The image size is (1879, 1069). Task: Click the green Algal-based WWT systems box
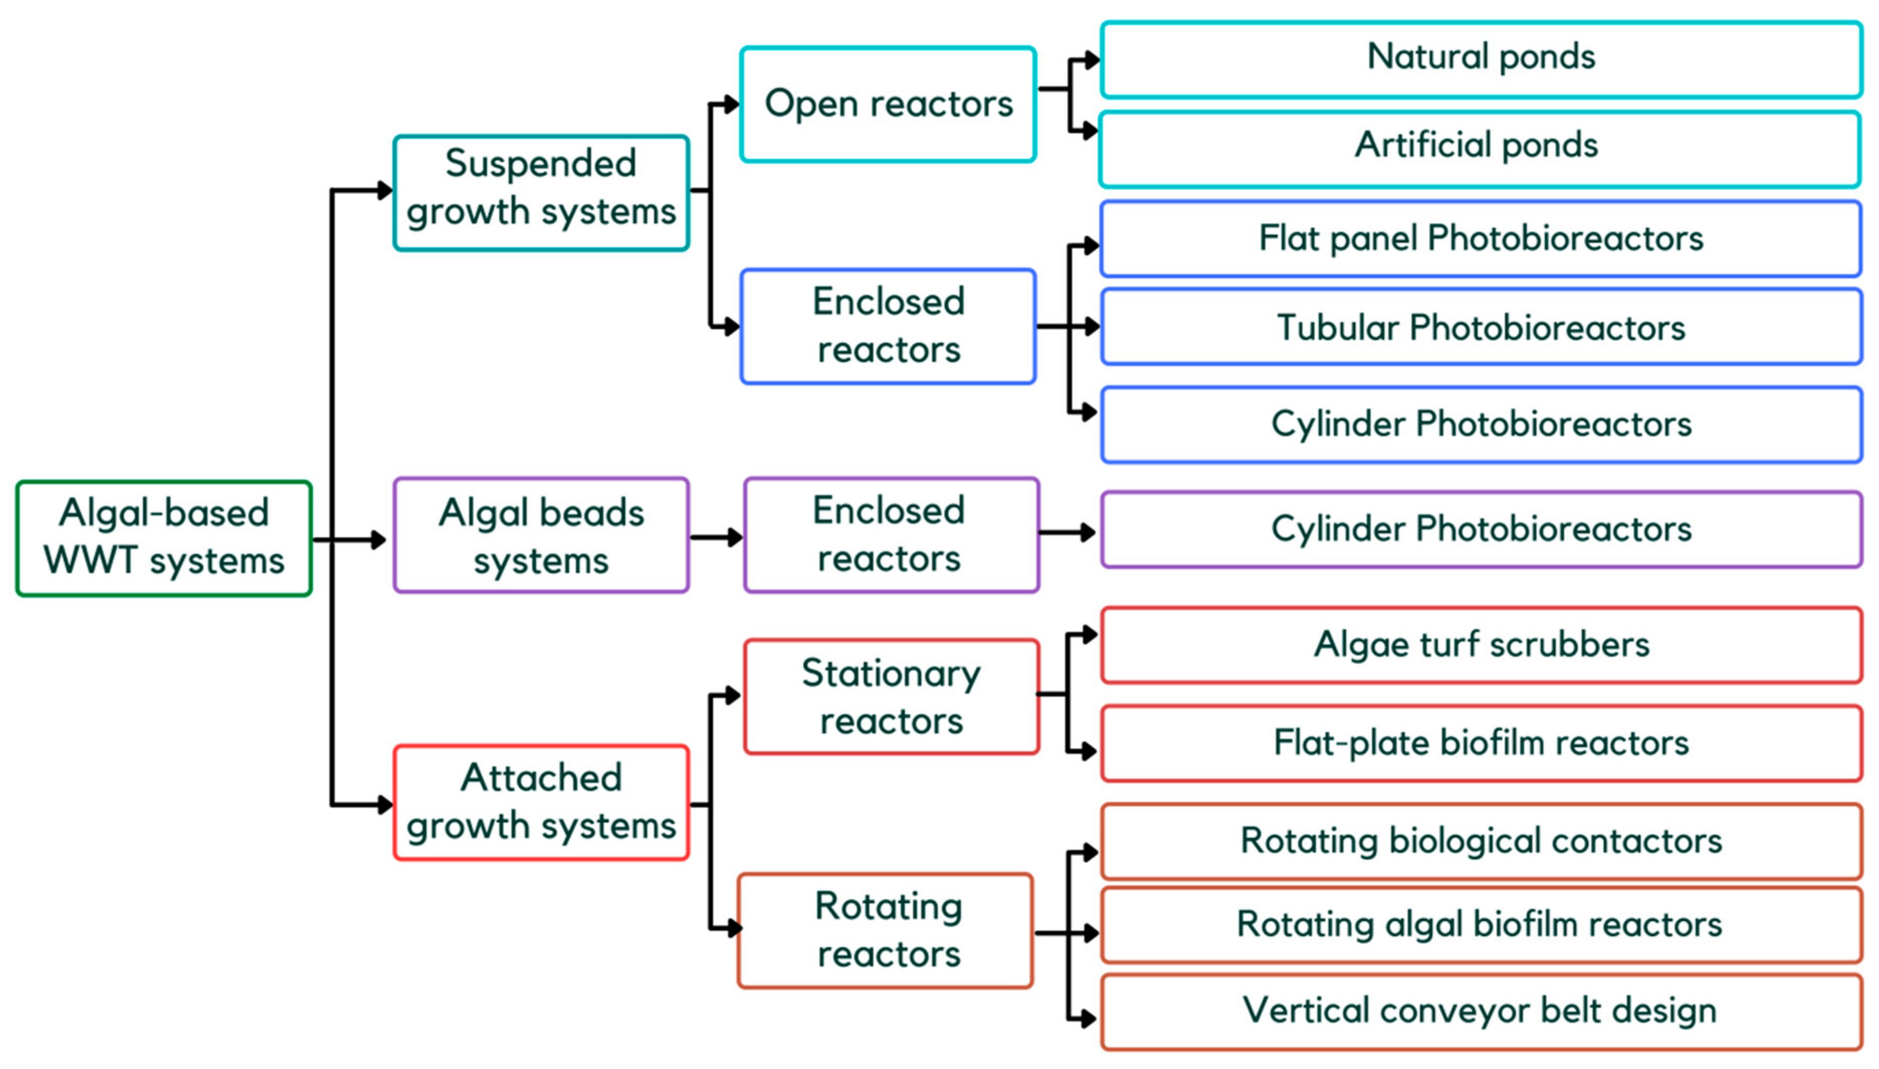(x=164, y=538)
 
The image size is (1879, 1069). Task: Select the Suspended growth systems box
(x=541, y=192)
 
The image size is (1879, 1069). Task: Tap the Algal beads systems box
(x=541, y=535)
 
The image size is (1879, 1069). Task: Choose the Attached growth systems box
(x=541, y=802)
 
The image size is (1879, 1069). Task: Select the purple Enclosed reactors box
(x=891, y=535)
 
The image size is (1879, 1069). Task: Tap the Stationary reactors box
(x=891, y=697)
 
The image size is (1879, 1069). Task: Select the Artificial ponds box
(x=1479, y=148)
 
